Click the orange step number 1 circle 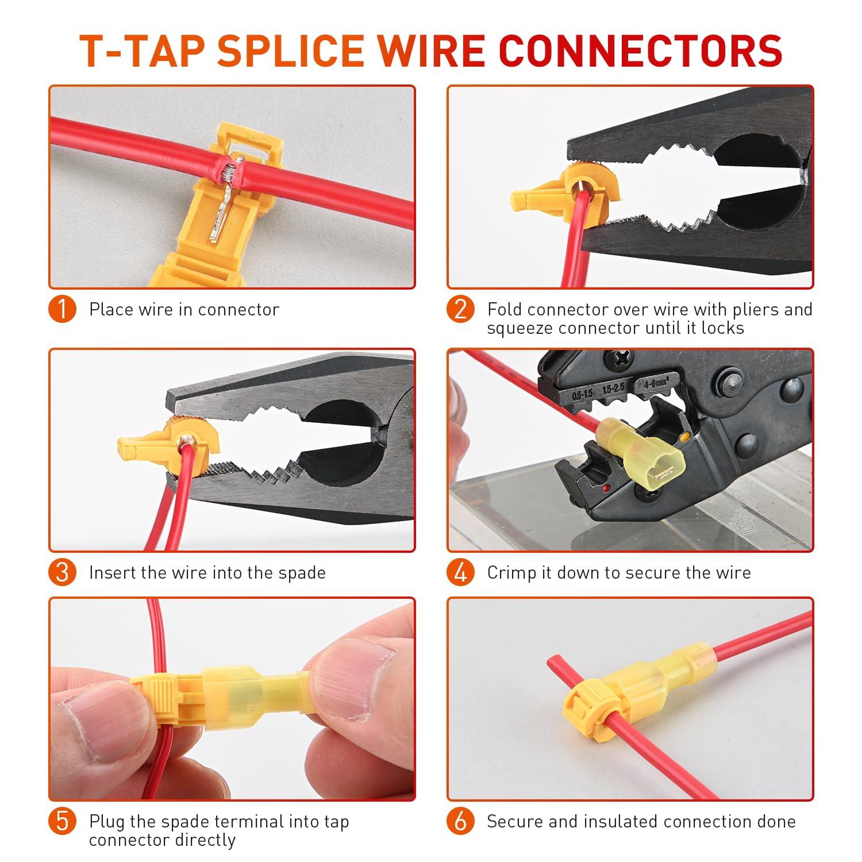[x=63, y=310]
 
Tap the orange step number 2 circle [x=461, y=310]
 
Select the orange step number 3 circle [x=63, y=572]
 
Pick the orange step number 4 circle [x=461, y=572]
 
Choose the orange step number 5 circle [x=63, y=822]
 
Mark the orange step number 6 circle [x=461, y=822]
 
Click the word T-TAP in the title [x=142, y=51]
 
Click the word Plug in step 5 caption [x=107, y=822]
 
